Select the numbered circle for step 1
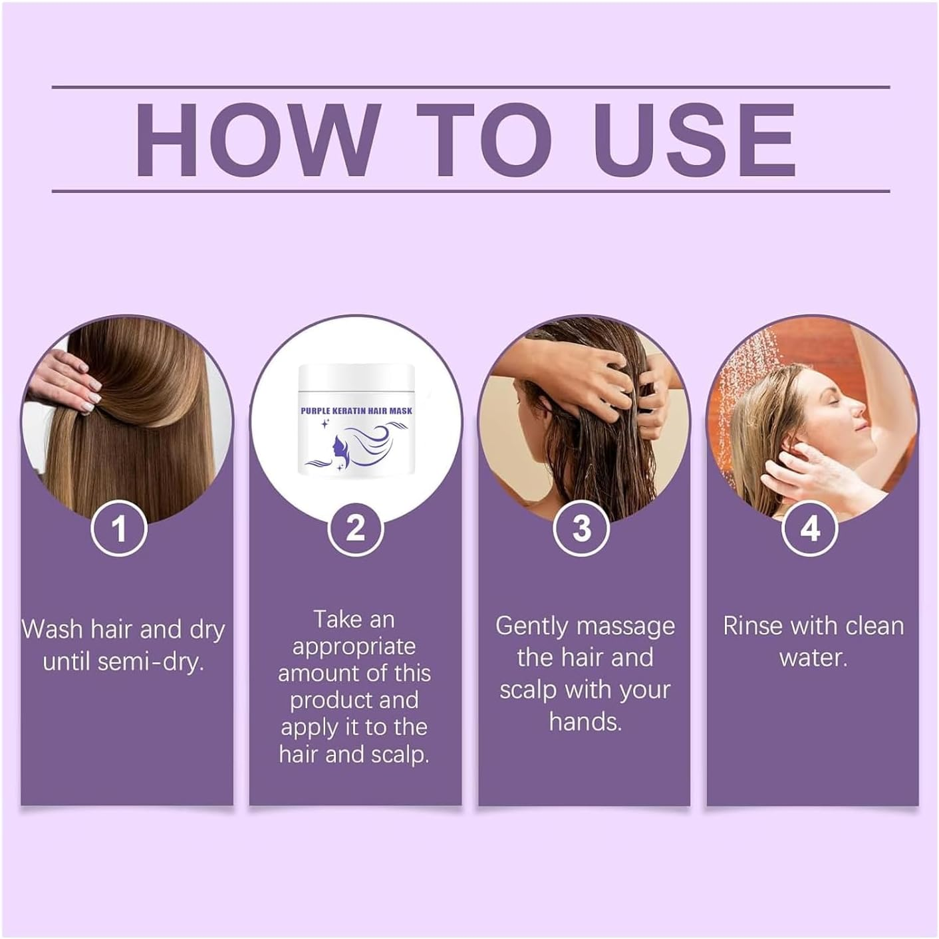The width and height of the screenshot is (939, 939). click(x=119, y=529)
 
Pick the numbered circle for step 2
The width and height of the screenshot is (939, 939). click(x=356, y=529)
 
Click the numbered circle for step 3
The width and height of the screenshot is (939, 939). click(x=582, y=529)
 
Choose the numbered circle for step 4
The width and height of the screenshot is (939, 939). click(x=810, y=529)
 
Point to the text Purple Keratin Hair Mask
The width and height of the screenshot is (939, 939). click(x=356, y=411)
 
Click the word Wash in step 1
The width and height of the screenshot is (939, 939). click(x=53, y=629)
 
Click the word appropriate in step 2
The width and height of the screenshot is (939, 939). click(x=354, y=646)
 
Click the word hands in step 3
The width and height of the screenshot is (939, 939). click(x=585, y=722)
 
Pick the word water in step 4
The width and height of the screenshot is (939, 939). click(x=813, y=658)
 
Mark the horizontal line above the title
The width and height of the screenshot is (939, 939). click(x=470, y=87)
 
